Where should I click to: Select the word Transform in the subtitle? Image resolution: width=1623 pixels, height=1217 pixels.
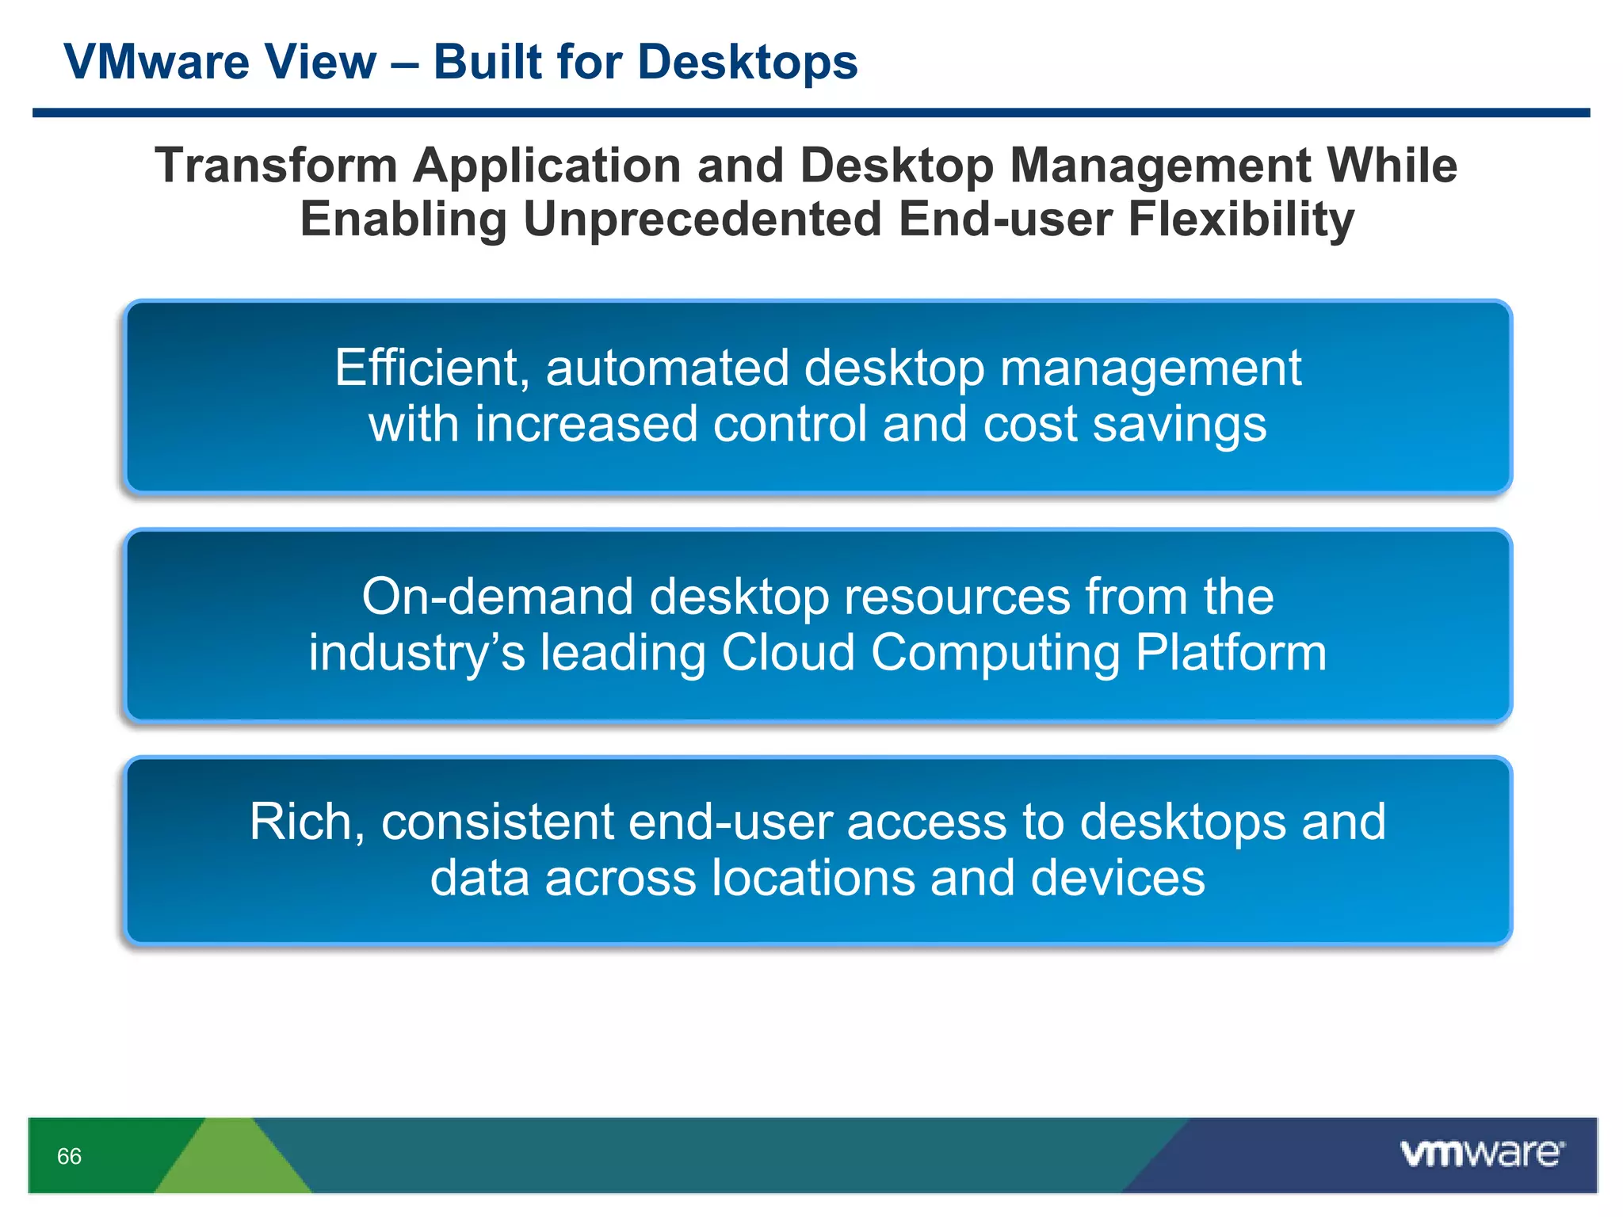pyautogui.click(x=276, y=166)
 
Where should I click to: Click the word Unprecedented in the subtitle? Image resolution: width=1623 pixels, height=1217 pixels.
pyautogui.click(x=702, y=219)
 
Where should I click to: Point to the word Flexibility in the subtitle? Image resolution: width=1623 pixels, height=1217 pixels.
pyautogui.click(x=1240, y=219)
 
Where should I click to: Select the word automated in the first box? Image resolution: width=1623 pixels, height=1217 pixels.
pyautogui.click(x=667, y=368)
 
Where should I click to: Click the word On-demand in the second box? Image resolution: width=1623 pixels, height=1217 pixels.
pyautogui.click(x=498, y=597)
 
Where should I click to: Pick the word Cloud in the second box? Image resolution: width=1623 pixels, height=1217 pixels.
pyautogui.click(x=788, y=653)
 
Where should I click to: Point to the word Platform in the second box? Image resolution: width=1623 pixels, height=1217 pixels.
pyautogui.click(x=1231, y=653)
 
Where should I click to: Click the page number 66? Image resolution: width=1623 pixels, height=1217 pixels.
pyautogui.click(x=69, y=1156)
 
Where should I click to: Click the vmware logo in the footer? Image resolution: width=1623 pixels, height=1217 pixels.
pyautogui.click(x=1481, y=1153)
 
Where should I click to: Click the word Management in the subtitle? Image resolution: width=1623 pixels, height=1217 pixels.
pyautogui.click(x=1160, y=166)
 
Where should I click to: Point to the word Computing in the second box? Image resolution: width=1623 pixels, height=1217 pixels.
pyautogui.click(x=995, y=653)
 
